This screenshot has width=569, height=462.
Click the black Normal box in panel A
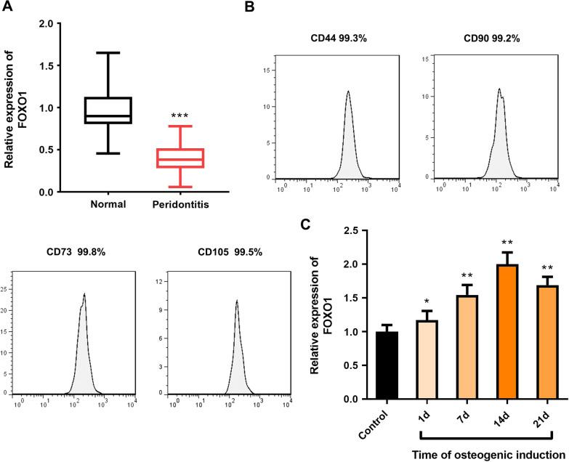(x=108, y=110)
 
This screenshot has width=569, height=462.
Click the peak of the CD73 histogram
(x=85, y=295)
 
